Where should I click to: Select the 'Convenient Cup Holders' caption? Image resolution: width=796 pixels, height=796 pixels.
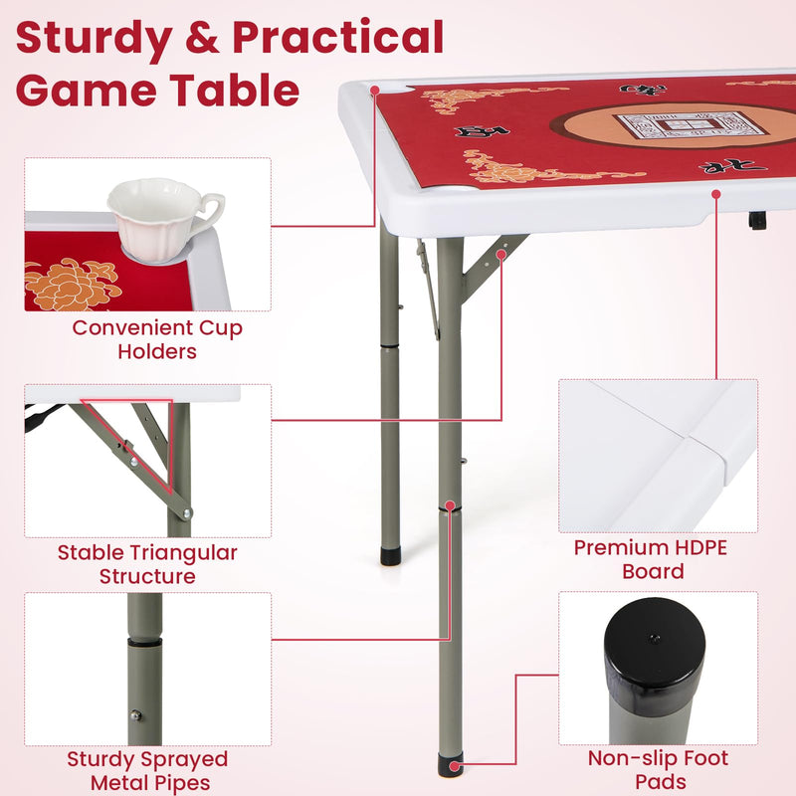(157, 339)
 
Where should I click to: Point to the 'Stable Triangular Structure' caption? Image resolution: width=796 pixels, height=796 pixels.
(147, 564)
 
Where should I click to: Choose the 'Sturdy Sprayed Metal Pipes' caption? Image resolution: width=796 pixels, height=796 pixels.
(147, 771)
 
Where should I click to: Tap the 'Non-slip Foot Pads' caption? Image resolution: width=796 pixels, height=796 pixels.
(658, 771)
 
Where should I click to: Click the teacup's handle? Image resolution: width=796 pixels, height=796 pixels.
(211, 208)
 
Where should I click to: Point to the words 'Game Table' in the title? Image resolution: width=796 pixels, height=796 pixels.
(157, 91)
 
